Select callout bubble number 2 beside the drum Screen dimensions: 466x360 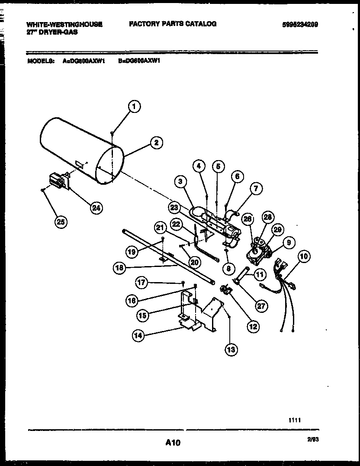[x=156, y=143]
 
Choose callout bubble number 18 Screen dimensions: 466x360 [x=121, y=268]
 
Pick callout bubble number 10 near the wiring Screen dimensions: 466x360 [x=304, y=257]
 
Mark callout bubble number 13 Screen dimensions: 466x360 [x=231, y=349]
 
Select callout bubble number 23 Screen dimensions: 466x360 [x=174, y=207]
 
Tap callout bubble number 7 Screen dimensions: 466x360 [x=255, y=189]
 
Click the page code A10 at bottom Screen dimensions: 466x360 [x=172, y=443]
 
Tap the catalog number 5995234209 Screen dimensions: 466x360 [x=300, y=25]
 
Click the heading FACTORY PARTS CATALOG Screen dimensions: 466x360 [x=173, y=24]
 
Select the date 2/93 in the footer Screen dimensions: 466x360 [x=313, y=440]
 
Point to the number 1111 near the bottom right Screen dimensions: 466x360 [x=295, y=420]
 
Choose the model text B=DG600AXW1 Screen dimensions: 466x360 [x=139, y=61]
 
